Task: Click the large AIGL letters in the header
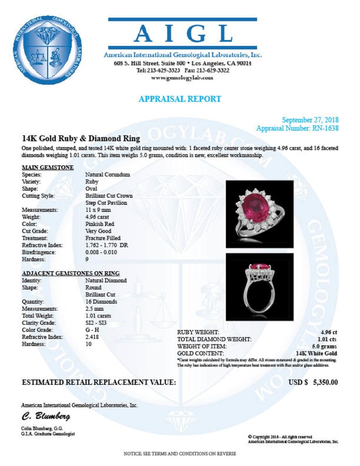(183, 34)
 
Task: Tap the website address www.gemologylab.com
(182, 78)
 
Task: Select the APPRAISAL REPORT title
(180, 99)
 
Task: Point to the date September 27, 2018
(310, 120)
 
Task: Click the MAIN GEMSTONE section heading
(47, 167)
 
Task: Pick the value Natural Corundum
(107, 175)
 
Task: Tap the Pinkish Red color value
(100, 224)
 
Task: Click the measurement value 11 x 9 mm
(98, 210)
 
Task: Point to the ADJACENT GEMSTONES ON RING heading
(70, 273)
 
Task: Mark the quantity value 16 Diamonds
(101, 302)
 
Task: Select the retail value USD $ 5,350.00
(313, 383)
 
